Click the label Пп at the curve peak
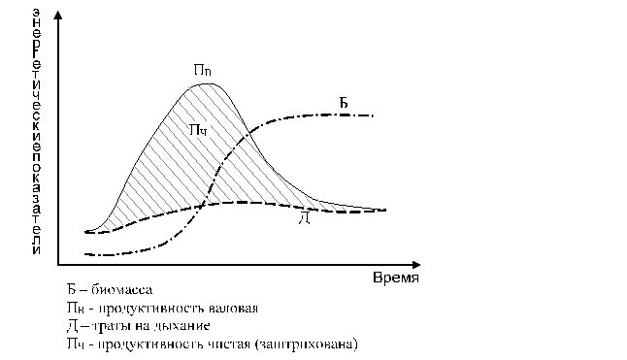[203, 71]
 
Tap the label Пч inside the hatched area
[197, 130]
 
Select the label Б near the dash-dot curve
[344, 102]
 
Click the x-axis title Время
[396, 278]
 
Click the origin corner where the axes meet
[59, 264]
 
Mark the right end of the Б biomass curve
[373, 115]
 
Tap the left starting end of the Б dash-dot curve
[86, 254]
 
